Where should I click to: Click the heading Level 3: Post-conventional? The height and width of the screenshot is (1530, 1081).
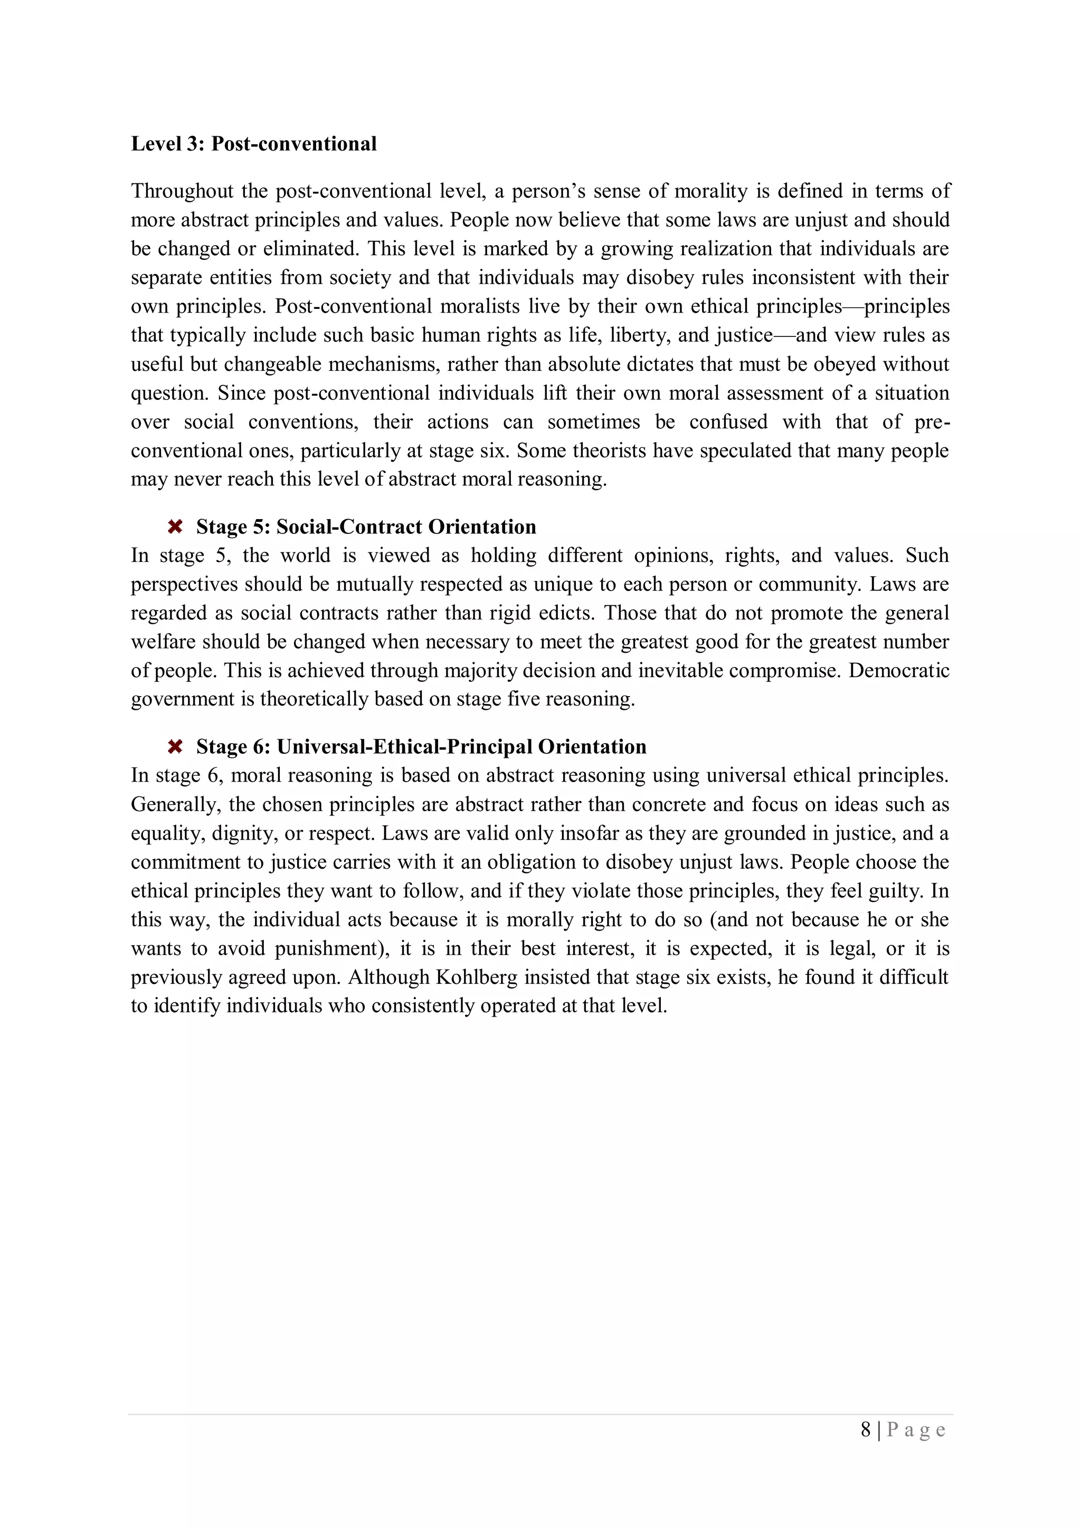coord(254,144)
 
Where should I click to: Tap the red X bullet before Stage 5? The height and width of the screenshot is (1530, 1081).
coord(175,527)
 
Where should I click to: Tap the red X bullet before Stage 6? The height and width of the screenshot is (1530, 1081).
coord(175,747)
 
